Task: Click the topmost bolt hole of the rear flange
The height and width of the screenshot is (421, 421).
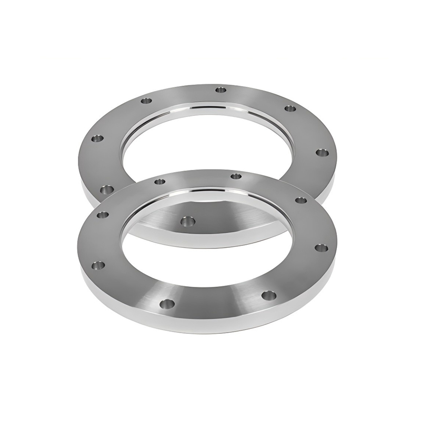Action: [221, 90]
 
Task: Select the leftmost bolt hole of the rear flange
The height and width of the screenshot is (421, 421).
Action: [97, 139]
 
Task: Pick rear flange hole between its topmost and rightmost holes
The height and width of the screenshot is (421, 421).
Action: [289, 108]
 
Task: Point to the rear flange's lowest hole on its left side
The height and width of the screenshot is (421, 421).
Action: [106, 188]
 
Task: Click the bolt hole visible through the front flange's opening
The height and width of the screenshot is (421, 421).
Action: [186, 221]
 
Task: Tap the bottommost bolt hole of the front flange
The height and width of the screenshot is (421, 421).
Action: [168, 303]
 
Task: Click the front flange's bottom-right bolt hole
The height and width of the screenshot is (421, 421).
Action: [268, 295]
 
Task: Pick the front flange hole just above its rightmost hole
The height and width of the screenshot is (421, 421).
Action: [300, 200]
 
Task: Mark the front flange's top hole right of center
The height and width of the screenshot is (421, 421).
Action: [236, 176]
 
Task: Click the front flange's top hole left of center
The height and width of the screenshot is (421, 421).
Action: [159, 182]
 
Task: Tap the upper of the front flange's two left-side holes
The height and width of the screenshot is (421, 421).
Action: [102, 215]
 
